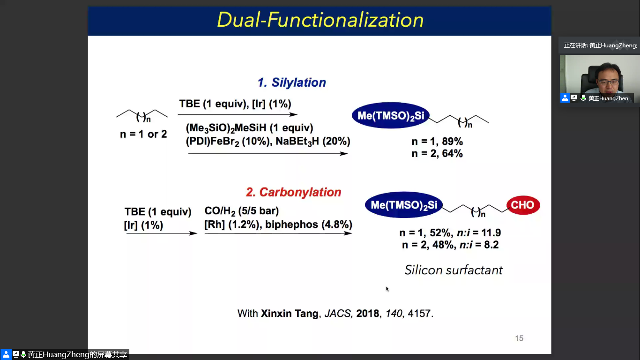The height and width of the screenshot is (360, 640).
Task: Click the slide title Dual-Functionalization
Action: [x=320, y=20]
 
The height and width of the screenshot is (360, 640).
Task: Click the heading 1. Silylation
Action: [x=292, y=82]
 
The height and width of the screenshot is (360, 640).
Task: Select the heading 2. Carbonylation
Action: [x=293, y=192]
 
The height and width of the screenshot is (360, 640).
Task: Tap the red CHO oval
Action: [x=523, y=205]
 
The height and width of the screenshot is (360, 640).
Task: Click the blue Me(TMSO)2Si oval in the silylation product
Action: [x=391, y=115]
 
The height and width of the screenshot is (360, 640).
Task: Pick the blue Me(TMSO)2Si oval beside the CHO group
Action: [x=404, y=205]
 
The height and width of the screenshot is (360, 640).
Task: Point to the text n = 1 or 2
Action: [x=143, y=134]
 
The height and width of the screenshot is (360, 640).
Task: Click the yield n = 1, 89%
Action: [x=437, y=141]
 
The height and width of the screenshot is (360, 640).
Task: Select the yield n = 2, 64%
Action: [x=437, y=154]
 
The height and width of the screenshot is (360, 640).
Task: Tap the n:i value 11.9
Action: [x=491, y=233]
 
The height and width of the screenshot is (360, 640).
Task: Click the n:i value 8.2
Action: [x=491, y=245]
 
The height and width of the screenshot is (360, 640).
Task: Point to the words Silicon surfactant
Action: [x=454, y=270]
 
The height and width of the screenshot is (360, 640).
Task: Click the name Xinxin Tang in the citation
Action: [x=290, y=314]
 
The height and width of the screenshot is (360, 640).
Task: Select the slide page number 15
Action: [x=519, y=338]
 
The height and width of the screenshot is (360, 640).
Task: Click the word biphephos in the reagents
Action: [x=291, y=225]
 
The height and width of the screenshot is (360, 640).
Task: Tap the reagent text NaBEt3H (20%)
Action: [x=313, y=142]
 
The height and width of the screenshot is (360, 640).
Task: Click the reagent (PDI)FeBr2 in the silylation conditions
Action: [x=212, y=142]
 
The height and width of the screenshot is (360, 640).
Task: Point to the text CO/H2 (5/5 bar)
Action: [x=242, y=211]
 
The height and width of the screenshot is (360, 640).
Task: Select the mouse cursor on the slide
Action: [x=387, y=289]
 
